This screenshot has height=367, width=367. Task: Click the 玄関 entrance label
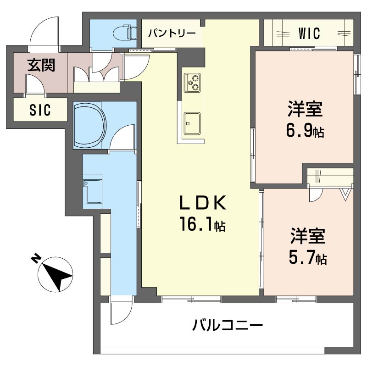point(41,65)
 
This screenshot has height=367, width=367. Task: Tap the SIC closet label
point(40,110)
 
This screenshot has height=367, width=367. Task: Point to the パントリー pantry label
point(172,33)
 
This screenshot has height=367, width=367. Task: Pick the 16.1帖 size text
point(202,225)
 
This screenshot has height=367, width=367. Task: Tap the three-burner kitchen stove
point(192,83)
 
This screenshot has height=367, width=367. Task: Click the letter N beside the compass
point(34,260)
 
